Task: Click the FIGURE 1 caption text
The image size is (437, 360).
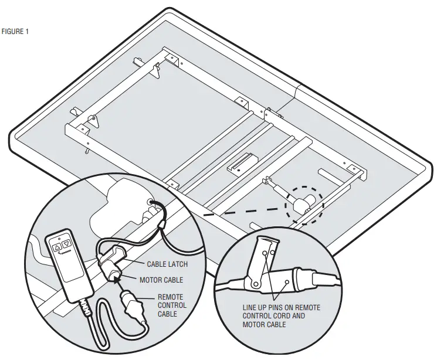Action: tap(15, 32)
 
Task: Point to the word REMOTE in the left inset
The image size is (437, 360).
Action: tap(170, 297)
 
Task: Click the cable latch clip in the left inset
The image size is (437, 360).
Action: tap(113, 256)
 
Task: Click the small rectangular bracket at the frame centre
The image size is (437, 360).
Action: tap(242, 161)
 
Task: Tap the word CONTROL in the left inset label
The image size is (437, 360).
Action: tap(172, 305)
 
